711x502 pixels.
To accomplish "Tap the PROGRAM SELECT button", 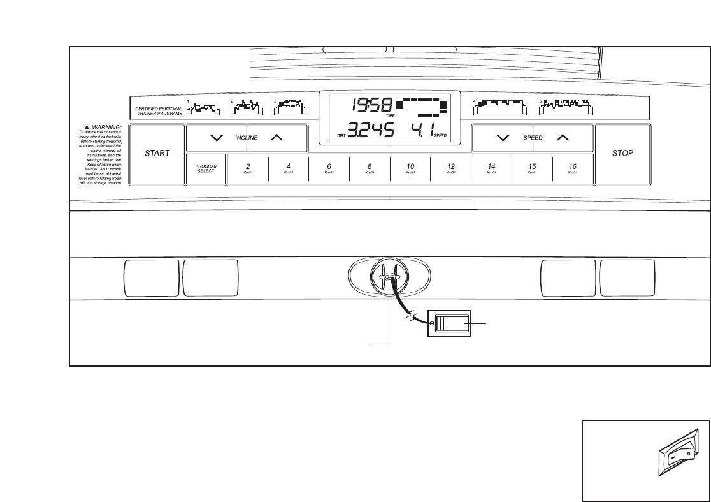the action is (x=206, y=169).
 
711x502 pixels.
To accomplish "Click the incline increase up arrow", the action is (x=275, y=138).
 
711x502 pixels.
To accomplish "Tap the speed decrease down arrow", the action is (x=503, y=138).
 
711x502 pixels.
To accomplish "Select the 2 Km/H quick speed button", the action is (x=248, y=169).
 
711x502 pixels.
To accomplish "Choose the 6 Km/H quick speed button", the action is (x=329, y=169).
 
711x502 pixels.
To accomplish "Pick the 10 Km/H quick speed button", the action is (x=410, y=169).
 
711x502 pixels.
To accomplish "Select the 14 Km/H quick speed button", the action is (x=491, y=169).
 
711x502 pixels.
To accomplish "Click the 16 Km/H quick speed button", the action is (x=573, y=169).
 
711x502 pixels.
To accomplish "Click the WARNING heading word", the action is (x=98, y=127).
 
